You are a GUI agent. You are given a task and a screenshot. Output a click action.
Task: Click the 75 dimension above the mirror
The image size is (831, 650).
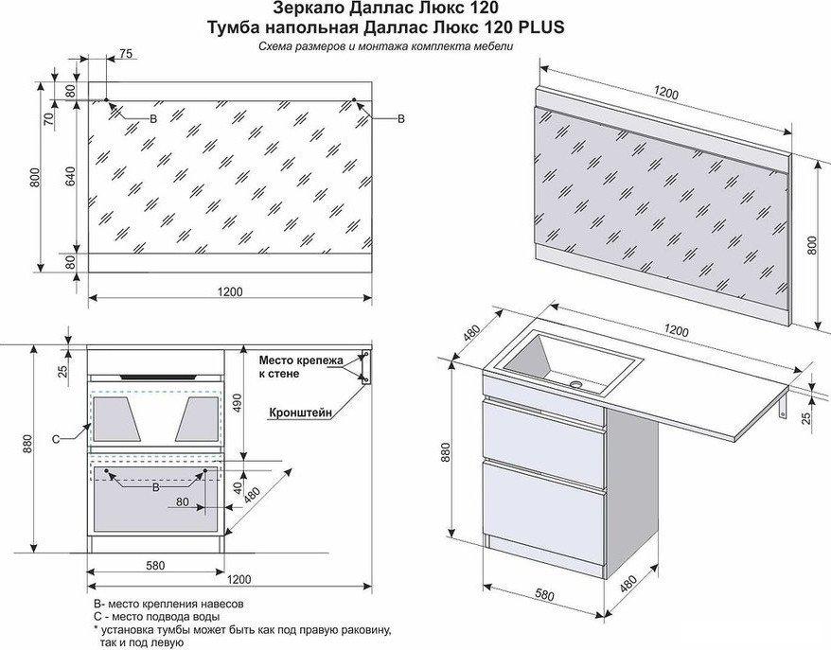pyautogui.click(x=126, y=53)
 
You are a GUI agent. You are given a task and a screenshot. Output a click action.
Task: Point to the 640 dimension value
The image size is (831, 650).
pyautogui.click(x=70, y=176)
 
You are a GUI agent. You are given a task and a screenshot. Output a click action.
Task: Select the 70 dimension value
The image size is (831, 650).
pyautogui.click(x=49, y=118)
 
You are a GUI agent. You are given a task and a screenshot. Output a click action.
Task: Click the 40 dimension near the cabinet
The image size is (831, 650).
pyautogui.click(x=238, y=487)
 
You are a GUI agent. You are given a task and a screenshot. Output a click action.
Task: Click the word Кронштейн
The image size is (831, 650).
pyautogui.click(x=300, y=413)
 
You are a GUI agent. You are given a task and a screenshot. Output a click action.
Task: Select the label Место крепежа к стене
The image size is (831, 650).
pyautogui.click(x=300, y=366)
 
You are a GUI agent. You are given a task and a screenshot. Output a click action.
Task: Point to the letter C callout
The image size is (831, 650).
pyautogui.click(x=56, y=439)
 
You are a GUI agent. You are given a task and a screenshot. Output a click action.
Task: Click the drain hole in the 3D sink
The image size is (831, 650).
pyautogui.click(x=576, y=383)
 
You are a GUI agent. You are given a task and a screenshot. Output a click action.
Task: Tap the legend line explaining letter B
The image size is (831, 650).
pyautogui.click(x=168, y=604)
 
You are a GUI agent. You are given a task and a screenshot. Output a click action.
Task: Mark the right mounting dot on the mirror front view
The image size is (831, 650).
pyautogui.click(x=353, y=99)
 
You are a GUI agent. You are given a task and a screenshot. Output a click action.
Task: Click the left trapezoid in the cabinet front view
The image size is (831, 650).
pyautogui.click(x=117, y=418)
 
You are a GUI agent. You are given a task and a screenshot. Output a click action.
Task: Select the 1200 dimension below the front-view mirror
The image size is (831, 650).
pyautogui.click(x=230, y=292)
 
